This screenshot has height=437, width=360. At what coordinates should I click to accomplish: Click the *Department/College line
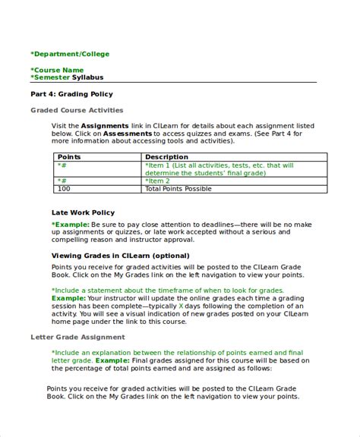pyautogui.click(x=70, y=54)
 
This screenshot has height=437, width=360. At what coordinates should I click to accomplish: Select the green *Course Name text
pyautogui.click(x=57, y=70)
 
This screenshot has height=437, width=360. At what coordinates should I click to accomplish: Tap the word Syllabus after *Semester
pyautogui.click(x=89, y=77)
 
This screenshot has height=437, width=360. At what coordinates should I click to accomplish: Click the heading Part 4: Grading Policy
pyautogui.click(x=71, y=94)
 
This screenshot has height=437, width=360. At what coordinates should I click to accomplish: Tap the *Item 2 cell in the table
pyautogui.click(x=158, y=181)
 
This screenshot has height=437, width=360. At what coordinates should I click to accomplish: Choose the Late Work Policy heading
pyautogui.click(x=83, y=212)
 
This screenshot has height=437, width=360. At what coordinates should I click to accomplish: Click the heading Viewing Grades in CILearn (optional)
pyautogui.click(x=120, y=256)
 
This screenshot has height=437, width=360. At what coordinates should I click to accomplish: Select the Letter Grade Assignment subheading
pyautogui.click(x=77, y=337)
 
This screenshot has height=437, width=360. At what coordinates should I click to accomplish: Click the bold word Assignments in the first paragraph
pyautogui.click(x=105, y=125)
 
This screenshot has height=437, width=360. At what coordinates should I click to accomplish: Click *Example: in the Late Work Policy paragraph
pyautogui.click(x=70, y=225)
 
